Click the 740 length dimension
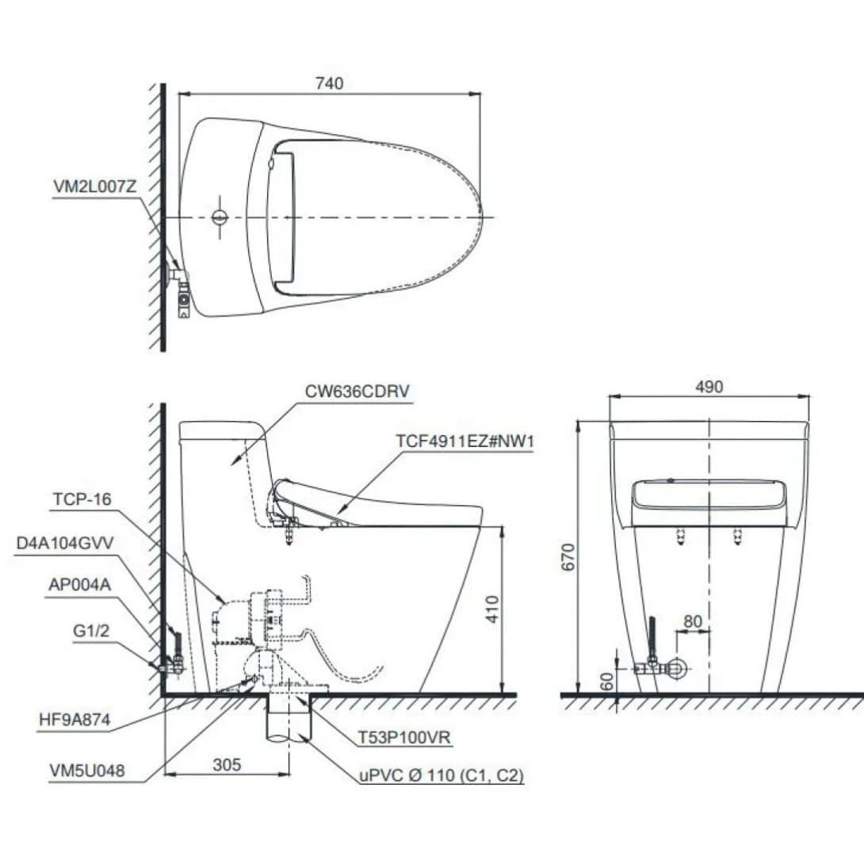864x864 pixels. (329, 83)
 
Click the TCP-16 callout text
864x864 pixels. (82, 499)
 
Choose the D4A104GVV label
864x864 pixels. (66, 543)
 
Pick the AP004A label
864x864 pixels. (78, 585)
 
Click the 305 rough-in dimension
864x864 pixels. (227, 765)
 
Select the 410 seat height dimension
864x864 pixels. (493, 608)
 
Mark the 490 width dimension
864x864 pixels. (709, 386)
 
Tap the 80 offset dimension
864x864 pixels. (692, 621)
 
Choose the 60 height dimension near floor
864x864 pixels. (606, 681)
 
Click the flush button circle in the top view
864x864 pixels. (221, 217)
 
